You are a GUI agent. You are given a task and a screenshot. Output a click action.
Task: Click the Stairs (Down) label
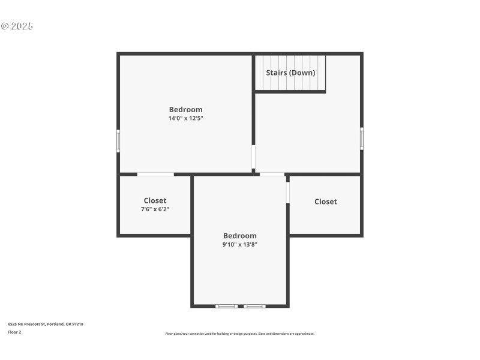click(x=290, y=73)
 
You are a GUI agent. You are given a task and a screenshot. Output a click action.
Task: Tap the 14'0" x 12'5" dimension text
click(x=185, y=118)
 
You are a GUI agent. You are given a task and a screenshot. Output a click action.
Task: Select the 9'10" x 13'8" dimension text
click(x=239, y=244)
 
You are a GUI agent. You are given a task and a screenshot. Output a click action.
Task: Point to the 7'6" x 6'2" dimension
click(x=155, y=209)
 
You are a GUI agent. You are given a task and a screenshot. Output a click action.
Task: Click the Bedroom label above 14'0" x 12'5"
click(x=185, y=109)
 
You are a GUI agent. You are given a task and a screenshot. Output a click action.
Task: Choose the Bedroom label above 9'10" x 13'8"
click(x=239, y=236)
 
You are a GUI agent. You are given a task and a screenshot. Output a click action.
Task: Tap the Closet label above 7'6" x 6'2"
click(x=155, y=200)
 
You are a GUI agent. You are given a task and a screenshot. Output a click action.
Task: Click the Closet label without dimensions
click(x=325, y=202)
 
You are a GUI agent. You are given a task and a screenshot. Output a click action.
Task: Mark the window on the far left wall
click(x=118, y=140)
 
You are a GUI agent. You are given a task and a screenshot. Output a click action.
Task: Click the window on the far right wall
click(x=362, y=137)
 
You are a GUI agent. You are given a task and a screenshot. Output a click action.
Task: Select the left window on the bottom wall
click(x=227, y=306)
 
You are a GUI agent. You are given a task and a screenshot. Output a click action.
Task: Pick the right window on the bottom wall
click(x=254, y=306)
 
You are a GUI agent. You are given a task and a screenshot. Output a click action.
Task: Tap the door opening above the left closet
click(x=155, y=175)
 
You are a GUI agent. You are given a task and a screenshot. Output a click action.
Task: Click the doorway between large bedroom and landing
click(x=254, y=158)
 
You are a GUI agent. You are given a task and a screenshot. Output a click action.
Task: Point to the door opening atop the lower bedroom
click(x=272, y=175)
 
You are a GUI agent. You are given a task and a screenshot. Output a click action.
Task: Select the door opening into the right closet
click(x=288, y=192)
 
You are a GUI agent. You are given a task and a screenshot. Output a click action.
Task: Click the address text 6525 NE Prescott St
click(x=45, y=324)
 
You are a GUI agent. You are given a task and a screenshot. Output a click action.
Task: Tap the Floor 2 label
click(x=14, y=332)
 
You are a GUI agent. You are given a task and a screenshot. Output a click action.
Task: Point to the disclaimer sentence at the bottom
click(x=239, y=334)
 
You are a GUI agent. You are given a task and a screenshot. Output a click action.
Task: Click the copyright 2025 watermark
click(x=17, y=26)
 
